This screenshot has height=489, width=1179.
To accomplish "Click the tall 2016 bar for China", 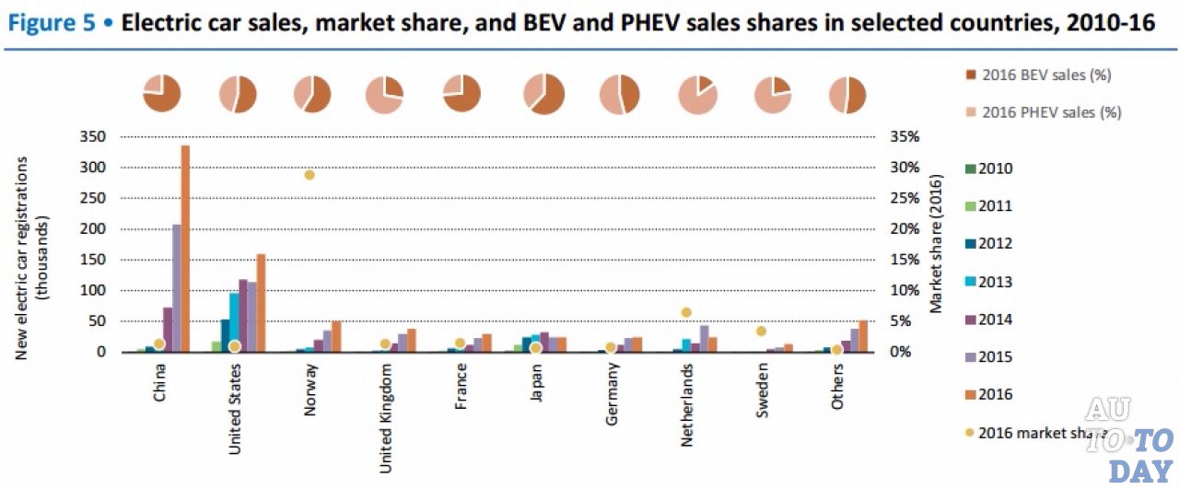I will coord(185,249).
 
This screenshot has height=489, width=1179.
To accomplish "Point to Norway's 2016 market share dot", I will coord(310,175).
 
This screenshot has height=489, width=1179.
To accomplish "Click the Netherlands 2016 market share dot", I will coord(685,313).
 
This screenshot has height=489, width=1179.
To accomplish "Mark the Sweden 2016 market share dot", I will coord(761,331).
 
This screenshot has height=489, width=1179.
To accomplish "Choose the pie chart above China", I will coord(161,94).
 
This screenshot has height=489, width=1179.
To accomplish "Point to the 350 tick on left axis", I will coord(95,136).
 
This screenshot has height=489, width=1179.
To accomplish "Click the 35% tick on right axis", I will coord(906,136).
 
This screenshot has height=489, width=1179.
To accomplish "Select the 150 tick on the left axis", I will coord(95,260).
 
